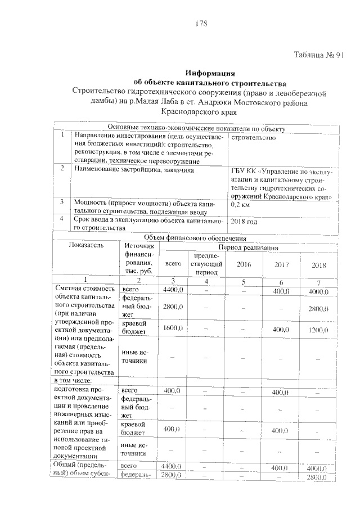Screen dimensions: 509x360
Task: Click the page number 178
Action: [x=201, y=24]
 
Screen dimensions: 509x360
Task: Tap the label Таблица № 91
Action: [x=318, y=56]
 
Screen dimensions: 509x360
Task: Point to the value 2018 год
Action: [x=245, y=222]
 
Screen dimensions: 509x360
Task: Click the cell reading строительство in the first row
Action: [x=254, y=137]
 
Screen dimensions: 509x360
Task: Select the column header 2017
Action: [x=281, y=264]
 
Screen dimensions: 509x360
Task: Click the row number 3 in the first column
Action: [x=61, y=201]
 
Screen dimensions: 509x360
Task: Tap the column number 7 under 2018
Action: [x=318, y=282]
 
